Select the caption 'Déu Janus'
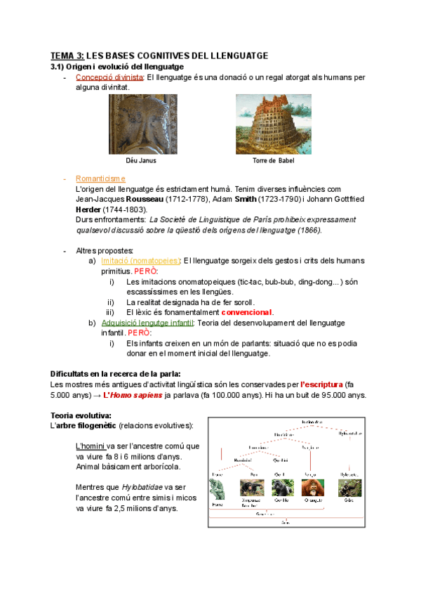pos(140,160)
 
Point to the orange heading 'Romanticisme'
pos(100,179)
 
